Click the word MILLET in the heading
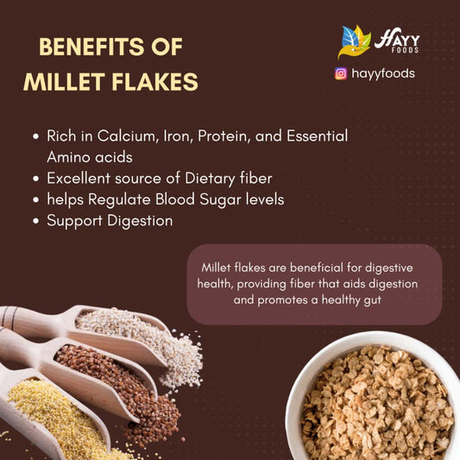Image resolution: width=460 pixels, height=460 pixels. click(60, 81)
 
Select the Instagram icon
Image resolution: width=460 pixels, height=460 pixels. click(341, 73)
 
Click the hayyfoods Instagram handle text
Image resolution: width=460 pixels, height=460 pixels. click(383, 73)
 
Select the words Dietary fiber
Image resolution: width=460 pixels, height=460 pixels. click(228, 179)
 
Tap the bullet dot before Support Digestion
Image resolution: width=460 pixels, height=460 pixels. click(35, 222)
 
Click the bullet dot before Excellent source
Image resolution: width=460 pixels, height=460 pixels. click(35, 180)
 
